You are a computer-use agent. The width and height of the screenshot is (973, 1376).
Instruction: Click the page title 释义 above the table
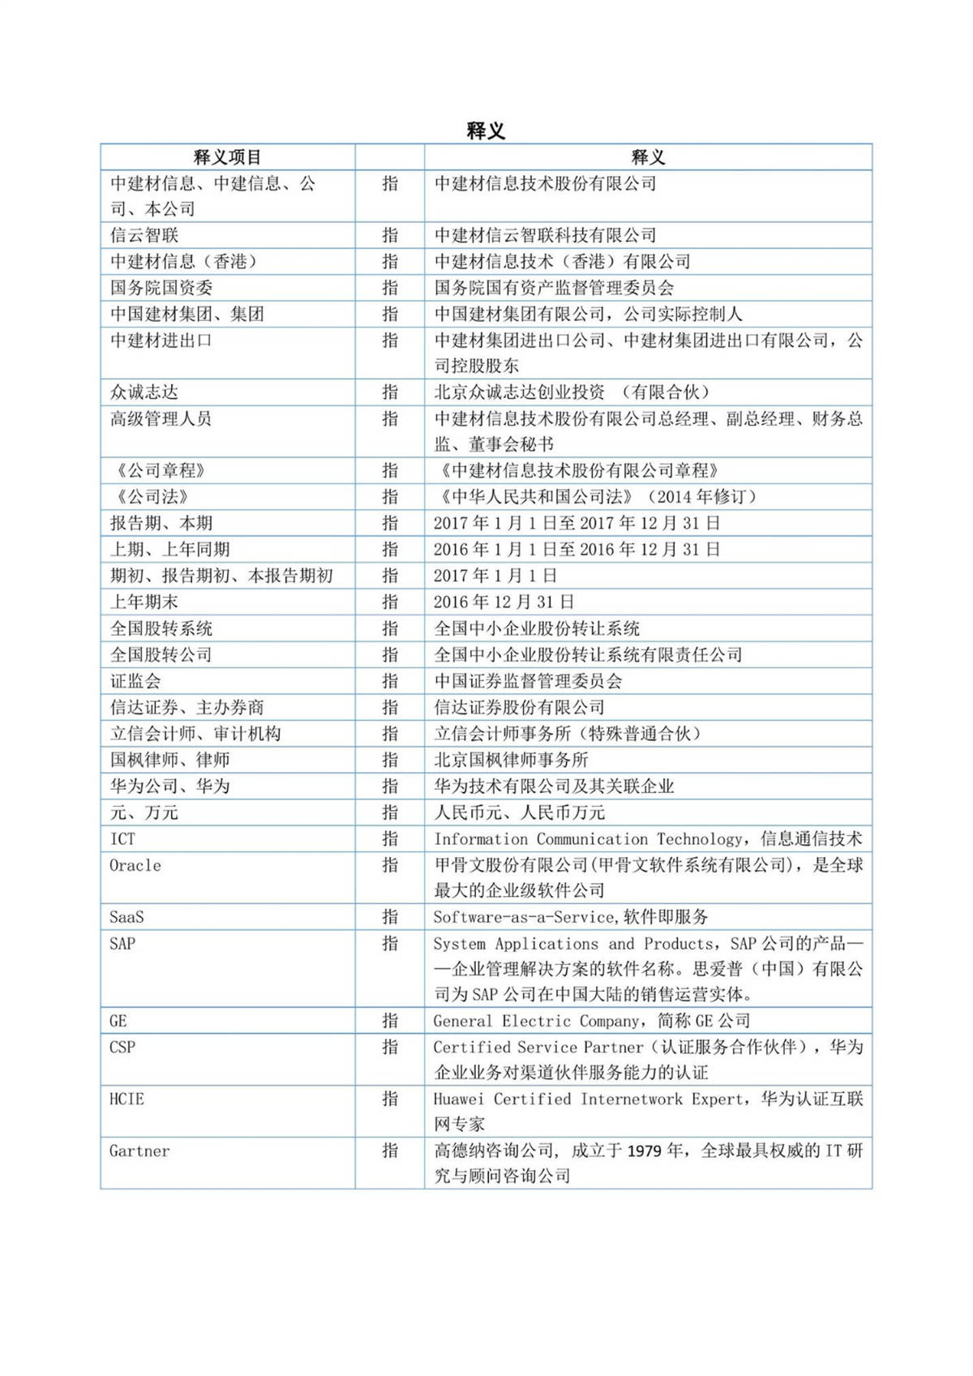[486, 131]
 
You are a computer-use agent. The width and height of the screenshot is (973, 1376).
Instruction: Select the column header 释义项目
[227, 157]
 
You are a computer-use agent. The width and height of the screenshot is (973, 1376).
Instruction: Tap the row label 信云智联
[144, 235]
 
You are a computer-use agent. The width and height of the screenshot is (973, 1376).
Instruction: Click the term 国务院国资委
[161, 288]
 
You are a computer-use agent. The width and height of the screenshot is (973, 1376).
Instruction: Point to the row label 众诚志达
[144, 392]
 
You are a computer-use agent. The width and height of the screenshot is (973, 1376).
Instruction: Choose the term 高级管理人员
[161, 418]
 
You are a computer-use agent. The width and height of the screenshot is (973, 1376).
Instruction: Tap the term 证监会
[135, 681]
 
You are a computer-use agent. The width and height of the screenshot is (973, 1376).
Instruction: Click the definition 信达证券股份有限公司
[519, 707]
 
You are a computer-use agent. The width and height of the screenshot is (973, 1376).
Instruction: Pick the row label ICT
[122, 838]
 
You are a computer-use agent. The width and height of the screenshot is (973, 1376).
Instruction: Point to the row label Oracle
[135, 865]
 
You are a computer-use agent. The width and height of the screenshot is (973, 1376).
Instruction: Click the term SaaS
[126, 917]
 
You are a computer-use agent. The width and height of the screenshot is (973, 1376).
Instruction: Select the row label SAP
[122, 943]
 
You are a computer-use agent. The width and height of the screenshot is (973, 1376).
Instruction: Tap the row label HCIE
[126, 1099]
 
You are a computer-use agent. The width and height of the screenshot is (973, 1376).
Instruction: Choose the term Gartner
[139, 1151]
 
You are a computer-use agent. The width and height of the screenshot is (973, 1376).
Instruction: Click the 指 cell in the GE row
[390, 1021]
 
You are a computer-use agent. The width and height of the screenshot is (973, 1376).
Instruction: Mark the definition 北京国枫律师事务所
[511, 760]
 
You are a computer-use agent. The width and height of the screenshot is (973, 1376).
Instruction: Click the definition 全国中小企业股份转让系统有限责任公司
[588, 654]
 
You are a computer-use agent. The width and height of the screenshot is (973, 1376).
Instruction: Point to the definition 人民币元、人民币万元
[519, 812]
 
